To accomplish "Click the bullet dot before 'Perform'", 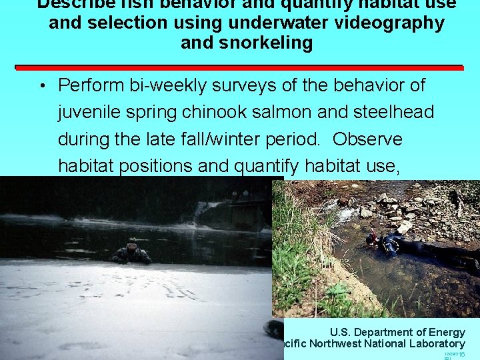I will tap(41, 87).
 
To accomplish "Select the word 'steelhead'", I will tap(398, 112).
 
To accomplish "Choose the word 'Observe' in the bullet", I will tap(367, 139).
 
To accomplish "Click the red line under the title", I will tap(240, 67).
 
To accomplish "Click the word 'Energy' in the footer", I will tap(447, 332).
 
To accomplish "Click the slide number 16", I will tap(461, 354).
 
